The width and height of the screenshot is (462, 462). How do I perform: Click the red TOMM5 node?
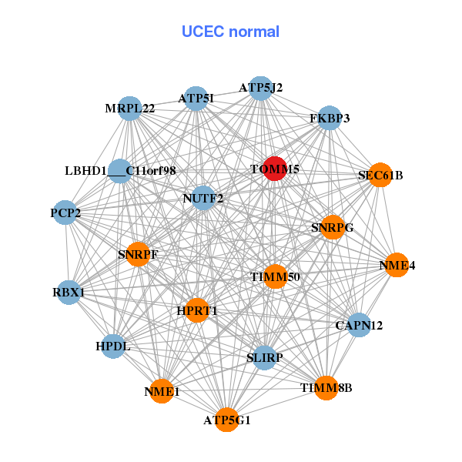(276, 169)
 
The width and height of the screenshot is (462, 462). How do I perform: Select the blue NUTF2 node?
(203, 198)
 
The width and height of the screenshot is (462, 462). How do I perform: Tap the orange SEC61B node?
(380, 176)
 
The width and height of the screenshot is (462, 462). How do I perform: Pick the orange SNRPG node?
(332, 227)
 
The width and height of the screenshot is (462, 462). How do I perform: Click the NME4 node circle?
(397, 265)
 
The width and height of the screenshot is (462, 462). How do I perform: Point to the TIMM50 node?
(276, 276)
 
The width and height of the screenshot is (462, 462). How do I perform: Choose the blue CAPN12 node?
(359, 326)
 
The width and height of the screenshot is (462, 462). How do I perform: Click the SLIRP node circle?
(264, 357)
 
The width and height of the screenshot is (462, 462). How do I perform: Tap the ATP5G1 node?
(226, 420)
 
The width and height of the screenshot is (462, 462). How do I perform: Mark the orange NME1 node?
(162, 391)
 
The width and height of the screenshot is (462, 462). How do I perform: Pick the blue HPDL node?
(114, 346)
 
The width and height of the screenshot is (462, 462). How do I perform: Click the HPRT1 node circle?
(197, 310)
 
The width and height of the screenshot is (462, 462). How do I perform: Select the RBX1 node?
(69, 293)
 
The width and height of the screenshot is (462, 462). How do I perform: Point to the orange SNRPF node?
(138, 253)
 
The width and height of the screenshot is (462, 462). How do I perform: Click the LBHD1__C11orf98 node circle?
(119, 171)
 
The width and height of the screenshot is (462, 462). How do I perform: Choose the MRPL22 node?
(130, 109)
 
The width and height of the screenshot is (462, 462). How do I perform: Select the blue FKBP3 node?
(330, 118)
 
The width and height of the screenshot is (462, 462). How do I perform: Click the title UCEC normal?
(230, 32)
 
